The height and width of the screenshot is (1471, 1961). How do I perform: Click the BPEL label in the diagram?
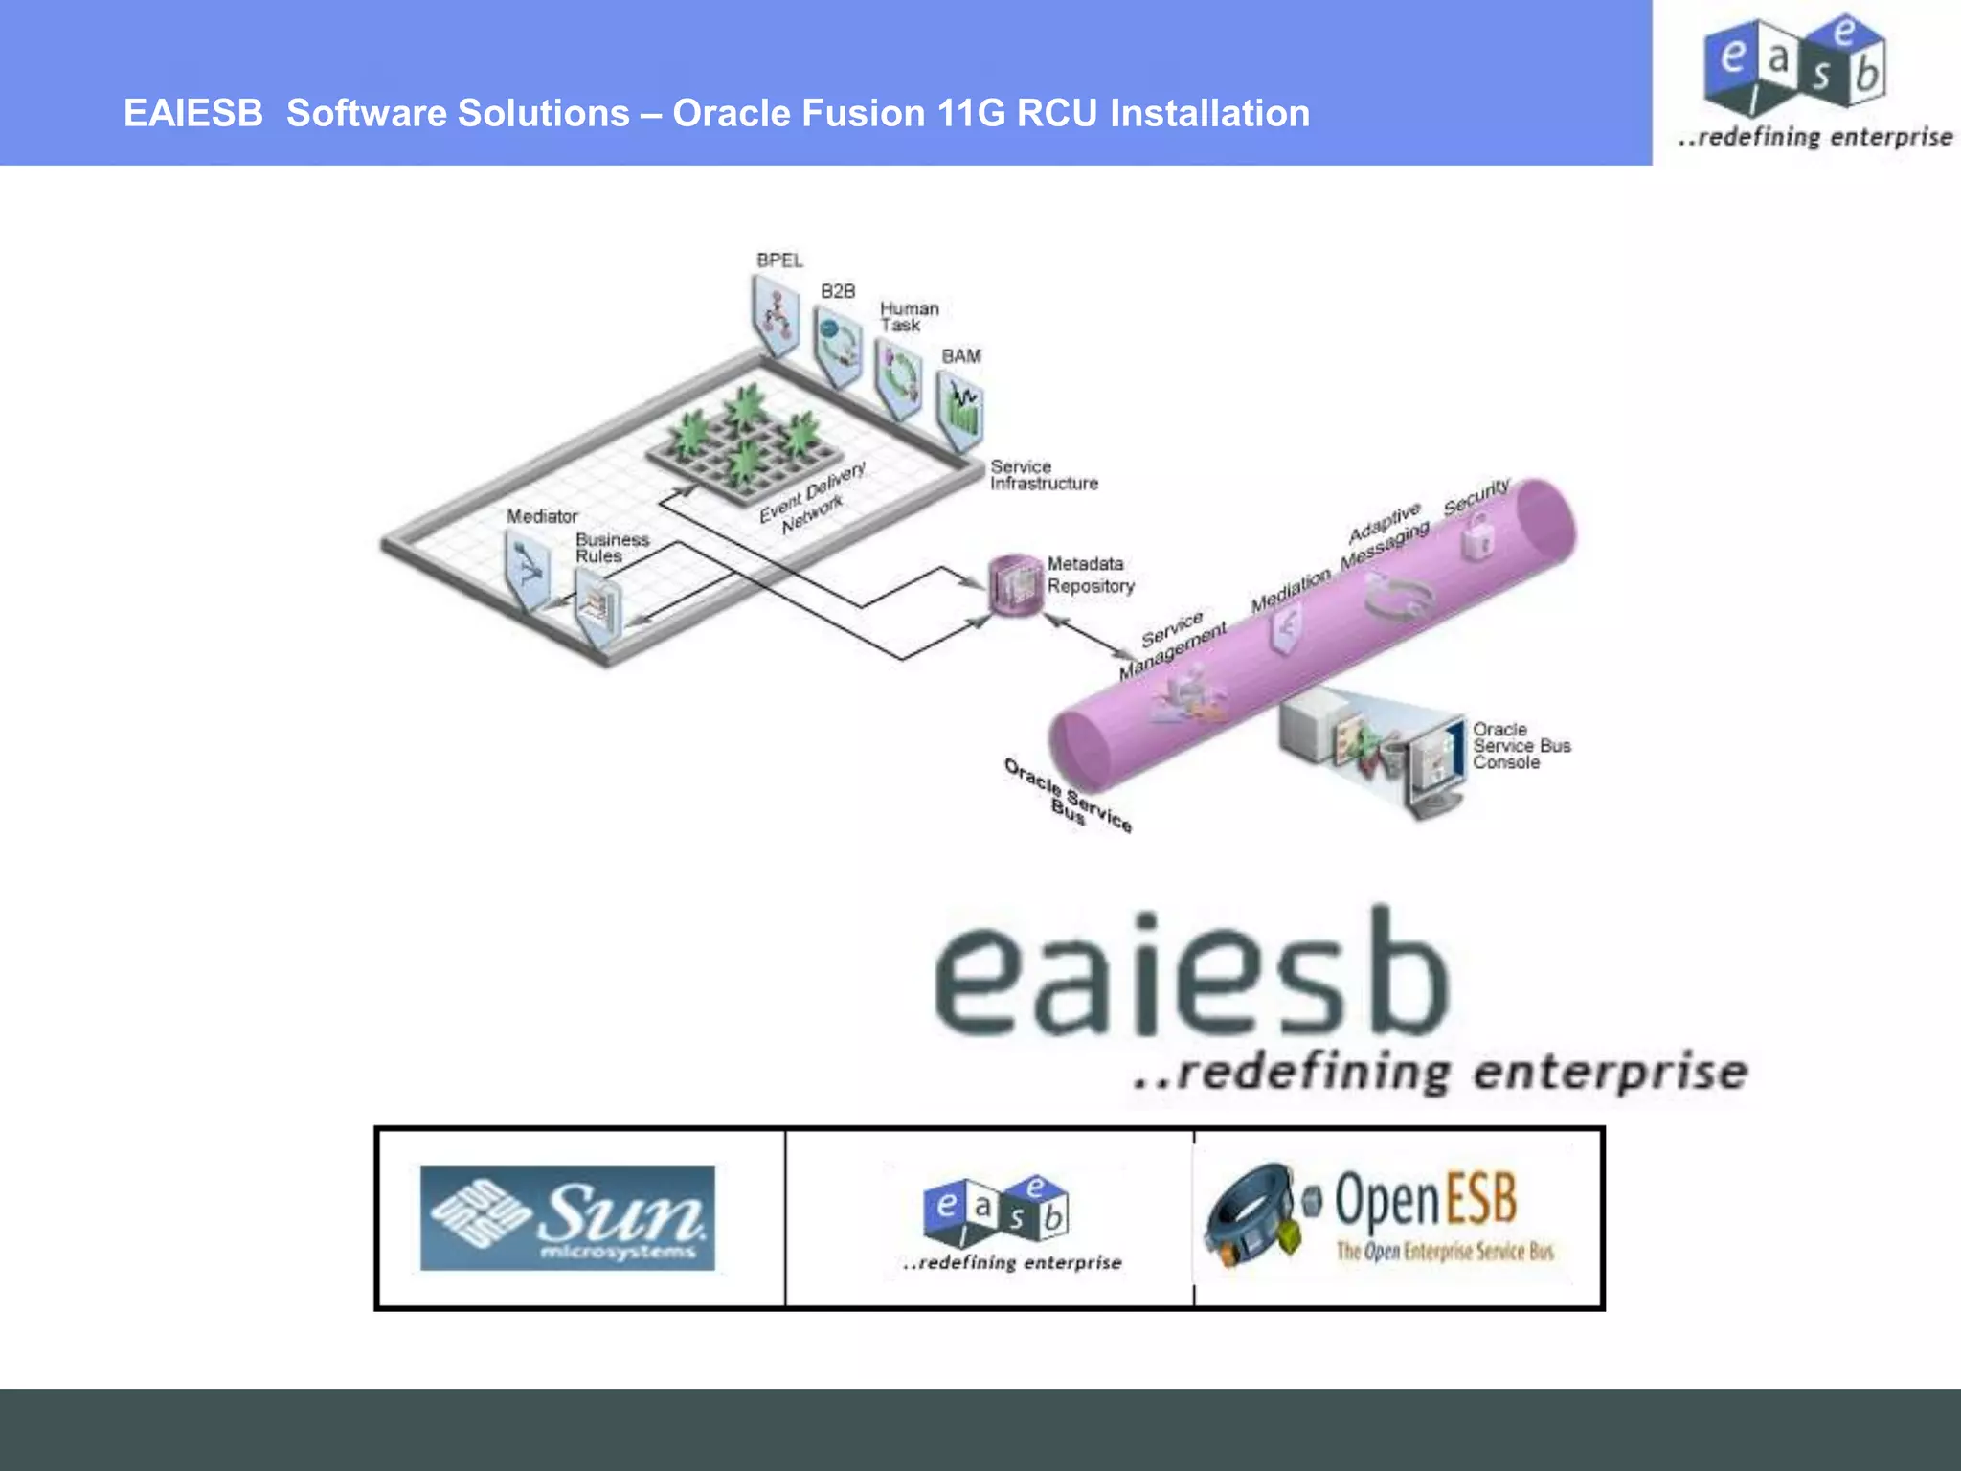[779, 260]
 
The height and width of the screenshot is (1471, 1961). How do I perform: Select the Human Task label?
[909, 317]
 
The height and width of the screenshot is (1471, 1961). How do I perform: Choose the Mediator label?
[542, 516]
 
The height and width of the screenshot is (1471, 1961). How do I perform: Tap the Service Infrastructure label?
[1043, 475]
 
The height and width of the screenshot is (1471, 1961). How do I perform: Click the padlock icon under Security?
[1477, 535]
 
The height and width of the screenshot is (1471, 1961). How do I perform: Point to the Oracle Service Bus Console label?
[1521, 746]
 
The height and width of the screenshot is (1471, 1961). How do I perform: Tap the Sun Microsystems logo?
[568, 1218]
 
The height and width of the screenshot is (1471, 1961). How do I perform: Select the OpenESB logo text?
[1425, 1200]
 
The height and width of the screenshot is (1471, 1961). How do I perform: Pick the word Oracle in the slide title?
[731, 113]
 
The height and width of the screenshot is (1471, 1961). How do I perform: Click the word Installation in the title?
[1209, 113]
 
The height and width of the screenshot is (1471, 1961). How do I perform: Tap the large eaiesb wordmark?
[1191, 975]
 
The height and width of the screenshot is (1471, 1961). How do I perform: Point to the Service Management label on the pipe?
[1172, 644]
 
